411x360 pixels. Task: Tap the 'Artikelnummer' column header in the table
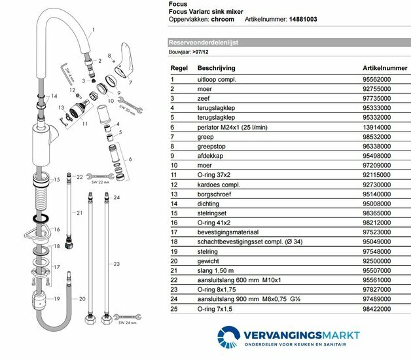[x=384, y=67]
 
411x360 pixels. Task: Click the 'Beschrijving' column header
[x=217, y=67]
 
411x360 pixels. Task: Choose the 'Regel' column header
[x=180, y=67]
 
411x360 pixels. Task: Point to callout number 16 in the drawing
[x=56, y=229]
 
